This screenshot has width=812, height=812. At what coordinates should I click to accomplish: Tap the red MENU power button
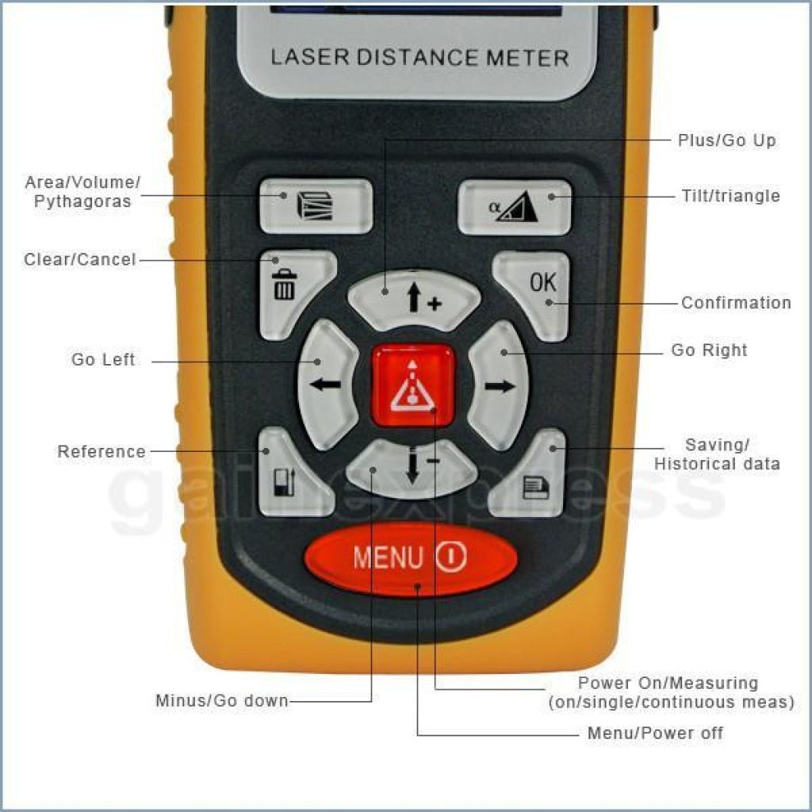pos(411,559)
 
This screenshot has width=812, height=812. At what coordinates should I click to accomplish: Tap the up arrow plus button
pos(414,299)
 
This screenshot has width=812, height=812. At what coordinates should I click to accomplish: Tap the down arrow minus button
pos(412,468)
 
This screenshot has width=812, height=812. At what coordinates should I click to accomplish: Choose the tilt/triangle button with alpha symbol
pos(514,207)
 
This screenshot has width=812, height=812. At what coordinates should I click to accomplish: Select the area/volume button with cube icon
pos(316,206)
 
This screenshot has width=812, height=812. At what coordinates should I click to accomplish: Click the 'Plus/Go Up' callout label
pos(727,140)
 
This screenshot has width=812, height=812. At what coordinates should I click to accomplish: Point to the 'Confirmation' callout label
pos(736,302)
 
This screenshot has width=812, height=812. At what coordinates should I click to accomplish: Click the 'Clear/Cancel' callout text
pos(80,259)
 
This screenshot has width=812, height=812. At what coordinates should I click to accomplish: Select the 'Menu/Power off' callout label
pos(655,733)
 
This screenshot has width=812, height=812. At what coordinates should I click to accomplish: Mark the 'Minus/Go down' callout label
pos(222,701)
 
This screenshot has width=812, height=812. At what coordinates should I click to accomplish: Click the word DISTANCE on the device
pos(417,57)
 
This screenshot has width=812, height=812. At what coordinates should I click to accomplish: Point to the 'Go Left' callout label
pos(103,359)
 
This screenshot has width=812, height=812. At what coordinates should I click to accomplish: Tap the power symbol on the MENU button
pos(451,557)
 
